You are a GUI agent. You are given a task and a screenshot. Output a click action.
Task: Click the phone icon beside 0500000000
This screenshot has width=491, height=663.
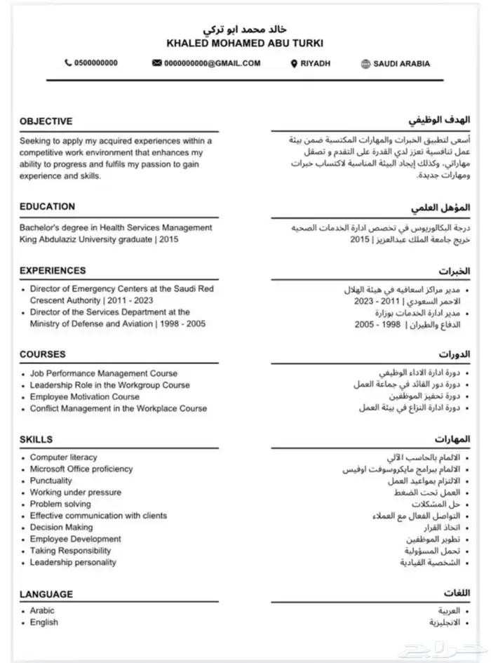coord(68,63)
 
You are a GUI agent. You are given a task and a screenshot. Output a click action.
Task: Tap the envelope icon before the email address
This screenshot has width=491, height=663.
coord(156,63)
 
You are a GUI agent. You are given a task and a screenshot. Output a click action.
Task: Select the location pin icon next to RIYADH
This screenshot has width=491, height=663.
coord(294,63)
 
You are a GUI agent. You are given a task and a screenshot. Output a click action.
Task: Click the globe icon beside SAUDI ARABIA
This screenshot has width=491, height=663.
coord(365,63)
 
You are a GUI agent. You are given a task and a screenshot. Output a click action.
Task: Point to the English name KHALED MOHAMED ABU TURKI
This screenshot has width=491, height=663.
coord(245,43)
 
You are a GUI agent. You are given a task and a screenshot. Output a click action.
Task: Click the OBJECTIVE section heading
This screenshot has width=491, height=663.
coord(46,121)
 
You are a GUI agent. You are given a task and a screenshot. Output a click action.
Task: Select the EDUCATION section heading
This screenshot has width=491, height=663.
coord(47,206)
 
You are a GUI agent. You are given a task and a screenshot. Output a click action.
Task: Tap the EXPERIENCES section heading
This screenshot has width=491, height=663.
coord(53,270)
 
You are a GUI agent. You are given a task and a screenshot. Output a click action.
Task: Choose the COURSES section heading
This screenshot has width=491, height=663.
coord(42,354)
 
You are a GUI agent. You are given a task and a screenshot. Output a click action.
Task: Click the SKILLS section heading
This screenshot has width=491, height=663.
coord(36,439)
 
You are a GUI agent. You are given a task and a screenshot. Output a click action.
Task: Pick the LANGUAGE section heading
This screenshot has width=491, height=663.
coord(46,594)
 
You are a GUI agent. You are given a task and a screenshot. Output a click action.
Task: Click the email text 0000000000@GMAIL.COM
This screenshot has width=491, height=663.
coord(213,63)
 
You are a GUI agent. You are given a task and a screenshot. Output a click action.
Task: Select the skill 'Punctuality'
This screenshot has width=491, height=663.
coord(51,481)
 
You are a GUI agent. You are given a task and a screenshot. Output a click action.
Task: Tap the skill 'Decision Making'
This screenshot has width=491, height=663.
coord(61,527)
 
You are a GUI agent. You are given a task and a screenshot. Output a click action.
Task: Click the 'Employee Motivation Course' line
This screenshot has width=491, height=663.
coord(85,396)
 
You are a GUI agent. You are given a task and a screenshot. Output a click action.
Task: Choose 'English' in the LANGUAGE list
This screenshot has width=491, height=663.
coord(43,622)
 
